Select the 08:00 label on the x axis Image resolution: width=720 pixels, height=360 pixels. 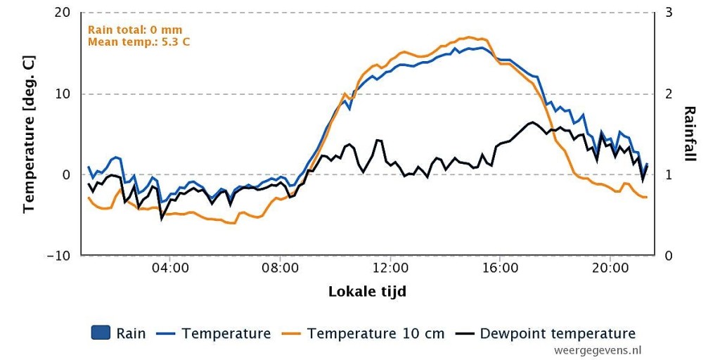pyautogui.click(x=280, y=268)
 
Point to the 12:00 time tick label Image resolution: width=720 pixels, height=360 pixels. pyautogui.click(x=390, y=268)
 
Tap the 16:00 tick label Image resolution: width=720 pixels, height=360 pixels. pyautogui.click(x=500, y=268)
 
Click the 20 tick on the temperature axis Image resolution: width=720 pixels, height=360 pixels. pyautogui.click(x=63, y=13)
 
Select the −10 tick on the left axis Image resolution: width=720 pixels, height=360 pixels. pyautogui.click(x=59, y=255)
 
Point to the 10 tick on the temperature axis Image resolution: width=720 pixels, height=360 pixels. pyautogui.click(x=63, y=94)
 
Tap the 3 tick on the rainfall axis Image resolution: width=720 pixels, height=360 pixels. pyautogui.click(x=669, y=13)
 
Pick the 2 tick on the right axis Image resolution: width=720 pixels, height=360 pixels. pyautogui.click(x=669, y=94)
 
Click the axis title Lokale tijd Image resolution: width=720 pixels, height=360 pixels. pyautogui.click(x=367, y=292)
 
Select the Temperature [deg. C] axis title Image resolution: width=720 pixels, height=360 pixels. pyautogui.click(x=30, y=134)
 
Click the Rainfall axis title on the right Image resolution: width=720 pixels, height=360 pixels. pyautogui.click(x=690, y=134)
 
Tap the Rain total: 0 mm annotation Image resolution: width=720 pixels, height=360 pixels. pyautogui.click(x=135, y=30)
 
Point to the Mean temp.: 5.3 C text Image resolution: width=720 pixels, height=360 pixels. pyautogui.click(x=139, y=41)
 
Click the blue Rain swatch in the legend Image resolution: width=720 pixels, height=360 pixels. pyautogui.click(x=101, y=333)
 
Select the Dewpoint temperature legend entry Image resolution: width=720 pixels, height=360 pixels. pyautogui.click(x=546, y=333)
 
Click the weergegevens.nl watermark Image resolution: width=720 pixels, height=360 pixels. pyautogui.click(x=598, y=350)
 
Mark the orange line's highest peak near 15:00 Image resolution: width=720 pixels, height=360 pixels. pyautogui.click(x=468, y=37)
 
